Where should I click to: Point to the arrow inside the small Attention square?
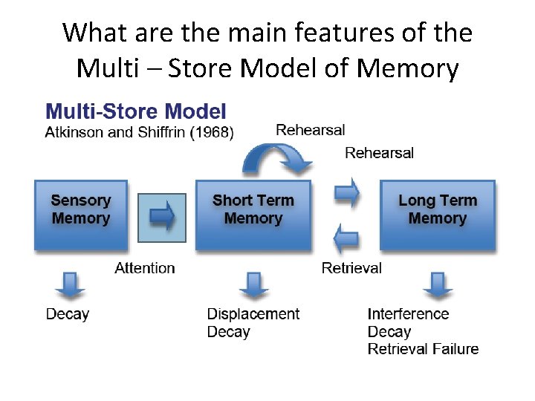tap(162, 216)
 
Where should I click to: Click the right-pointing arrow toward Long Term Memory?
tap(346, 193)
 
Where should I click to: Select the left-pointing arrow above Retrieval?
tap(346, 240)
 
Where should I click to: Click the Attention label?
tap(145, 268)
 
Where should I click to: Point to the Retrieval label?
tap(351, 268)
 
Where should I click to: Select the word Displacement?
tap(253, 314)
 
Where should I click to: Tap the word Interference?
tap(408, 314)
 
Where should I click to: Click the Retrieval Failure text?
tap(423, 349)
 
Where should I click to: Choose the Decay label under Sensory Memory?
tap(68, 314)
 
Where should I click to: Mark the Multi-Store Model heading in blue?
tap(136, 112)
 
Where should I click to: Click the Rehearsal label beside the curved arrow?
tap(311, 130)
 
